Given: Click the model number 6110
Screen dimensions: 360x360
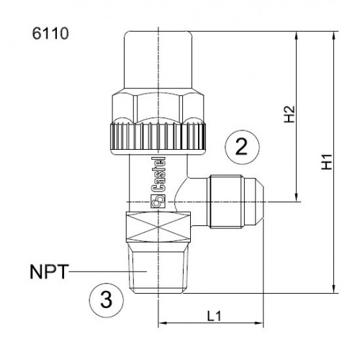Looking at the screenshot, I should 50,34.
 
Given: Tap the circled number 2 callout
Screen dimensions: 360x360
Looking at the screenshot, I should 240,148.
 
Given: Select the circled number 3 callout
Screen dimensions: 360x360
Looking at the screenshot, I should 106,300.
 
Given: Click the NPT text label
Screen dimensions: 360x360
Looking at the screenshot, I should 49,274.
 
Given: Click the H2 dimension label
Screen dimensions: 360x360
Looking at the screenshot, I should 289,116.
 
